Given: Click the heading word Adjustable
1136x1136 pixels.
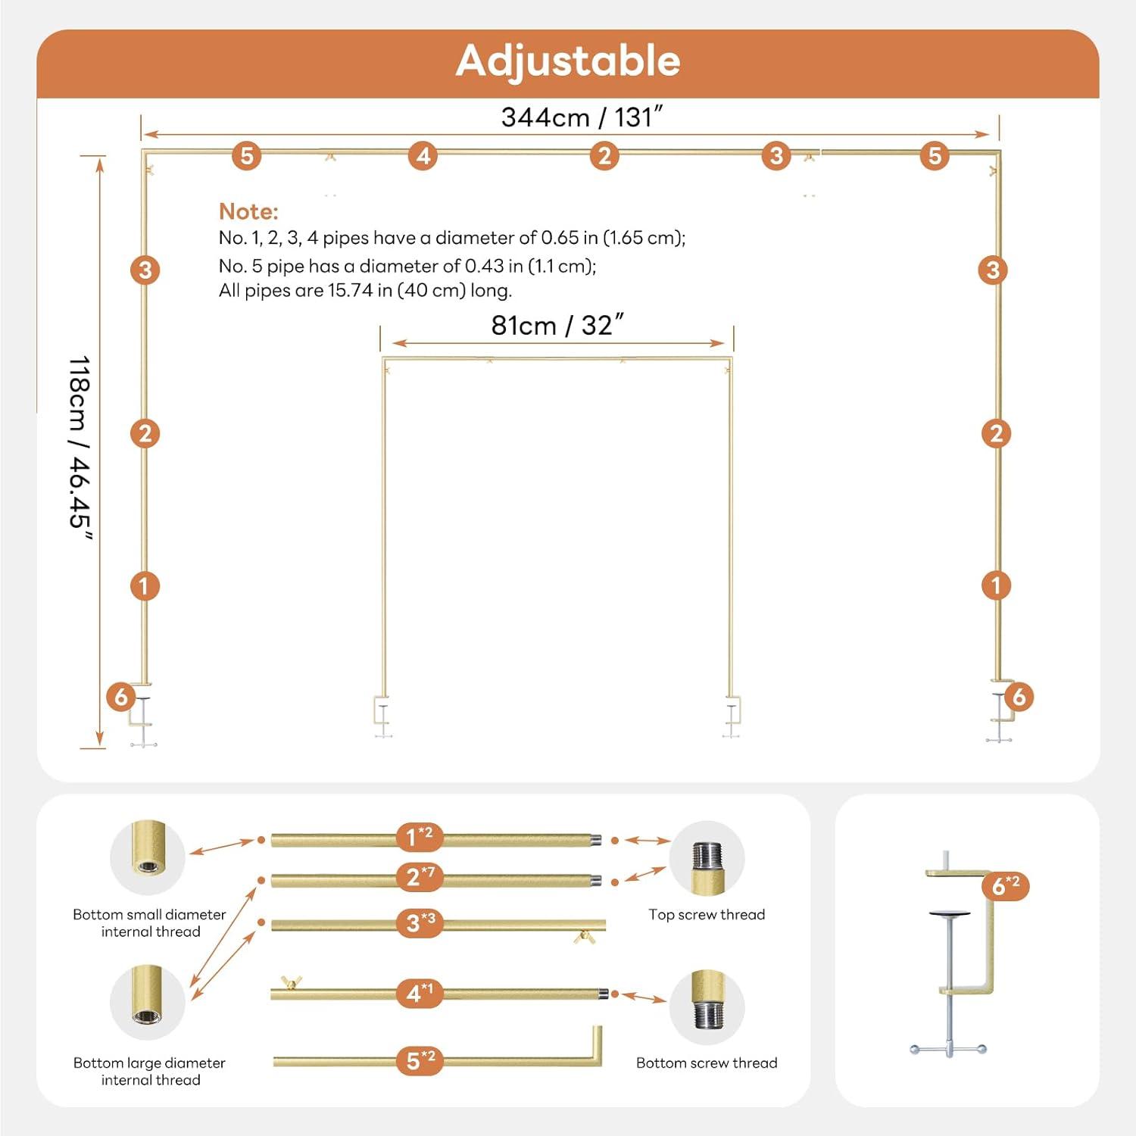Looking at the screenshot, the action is click(x=568, y=61).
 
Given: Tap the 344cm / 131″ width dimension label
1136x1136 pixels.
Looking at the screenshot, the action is click(x=582, y=117).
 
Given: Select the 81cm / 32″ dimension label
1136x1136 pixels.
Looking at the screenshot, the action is click(x=557, y=325).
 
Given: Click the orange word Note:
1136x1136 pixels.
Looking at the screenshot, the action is click(x=248, y=211).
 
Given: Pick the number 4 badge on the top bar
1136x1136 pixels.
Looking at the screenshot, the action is click(x=423, y=156).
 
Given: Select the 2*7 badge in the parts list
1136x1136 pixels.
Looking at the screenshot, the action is click(x=420, y=876).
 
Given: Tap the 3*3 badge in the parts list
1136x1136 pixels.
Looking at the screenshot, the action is click(x=420, y=922).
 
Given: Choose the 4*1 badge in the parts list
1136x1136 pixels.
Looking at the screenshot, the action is click(x=420, y=992).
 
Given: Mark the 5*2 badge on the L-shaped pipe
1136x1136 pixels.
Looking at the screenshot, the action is click(x=420, y=1060).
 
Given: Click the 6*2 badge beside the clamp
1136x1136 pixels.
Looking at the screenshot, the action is click(x=1006, y=885).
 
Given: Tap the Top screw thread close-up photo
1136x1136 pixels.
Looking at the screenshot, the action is click(x=707, y=859).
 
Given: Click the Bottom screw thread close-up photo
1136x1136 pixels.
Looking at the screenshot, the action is click(x=707, y=1007).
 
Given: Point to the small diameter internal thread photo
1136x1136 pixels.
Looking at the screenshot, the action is click(x=148, y=857).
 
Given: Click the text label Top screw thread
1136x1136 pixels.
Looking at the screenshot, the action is click(x=707, y=915).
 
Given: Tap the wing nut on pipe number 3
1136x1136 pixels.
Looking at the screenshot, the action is click(x=583, y=938).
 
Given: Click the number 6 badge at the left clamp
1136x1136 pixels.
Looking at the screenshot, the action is click(x=121, y=697).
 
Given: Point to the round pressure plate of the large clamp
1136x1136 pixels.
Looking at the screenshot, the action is click(x=952, y=914).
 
